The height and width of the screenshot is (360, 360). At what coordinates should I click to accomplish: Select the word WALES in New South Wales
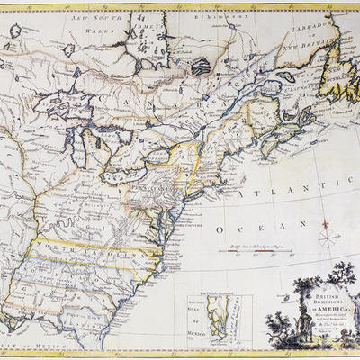pyautogui.click(x=87, y=28)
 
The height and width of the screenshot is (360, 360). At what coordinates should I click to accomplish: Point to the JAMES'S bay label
pyautogui.click(x=145, y=33)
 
